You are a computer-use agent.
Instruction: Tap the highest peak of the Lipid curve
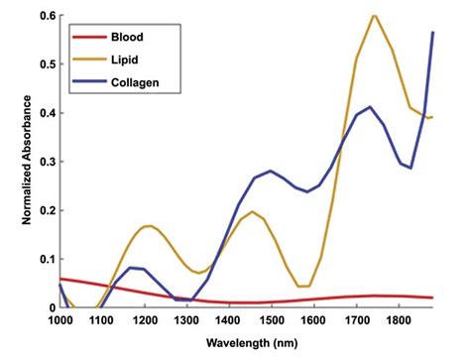373,15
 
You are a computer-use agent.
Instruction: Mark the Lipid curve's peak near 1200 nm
149,226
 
